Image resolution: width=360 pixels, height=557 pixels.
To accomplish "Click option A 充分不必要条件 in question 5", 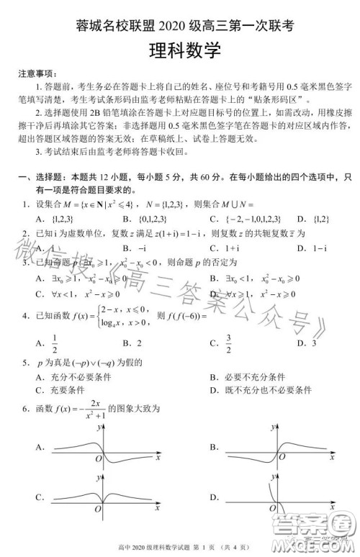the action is [x=69, y=377].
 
